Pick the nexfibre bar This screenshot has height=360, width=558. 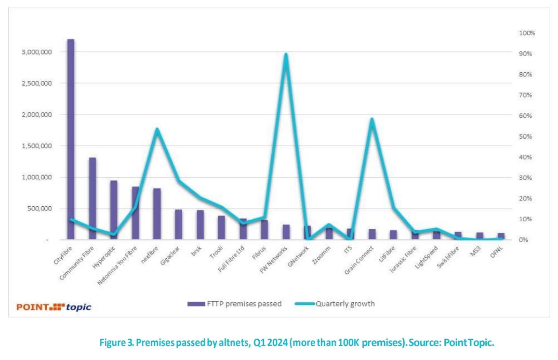pos(157,214)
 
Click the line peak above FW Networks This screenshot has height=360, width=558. pos(286,55)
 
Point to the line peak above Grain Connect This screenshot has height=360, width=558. pos(371,119)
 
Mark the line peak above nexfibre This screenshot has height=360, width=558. pos(157,129)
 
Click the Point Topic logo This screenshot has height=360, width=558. pos(54,307)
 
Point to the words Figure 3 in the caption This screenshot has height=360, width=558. pos(114,343)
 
